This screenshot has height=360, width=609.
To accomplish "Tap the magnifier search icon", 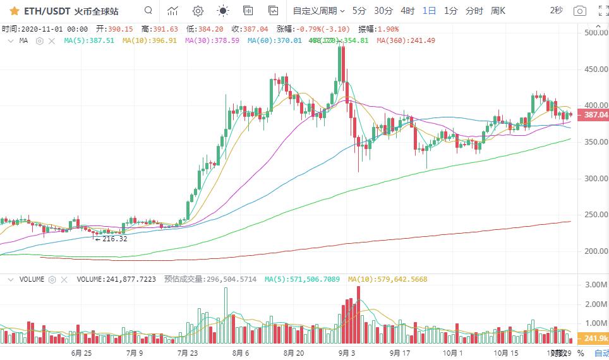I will pos(148,11).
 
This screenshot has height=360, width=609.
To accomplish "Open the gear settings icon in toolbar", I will pos(198,11).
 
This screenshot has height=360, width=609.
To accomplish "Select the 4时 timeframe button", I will pos(408,11).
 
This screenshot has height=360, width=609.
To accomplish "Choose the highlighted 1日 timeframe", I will pos(429,11).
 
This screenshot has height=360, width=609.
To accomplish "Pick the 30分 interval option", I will pos(383,11).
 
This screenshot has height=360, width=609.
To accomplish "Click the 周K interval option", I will pos(498,11).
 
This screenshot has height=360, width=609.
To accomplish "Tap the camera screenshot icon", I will pos(579,11).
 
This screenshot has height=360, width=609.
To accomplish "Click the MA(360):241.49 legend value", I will pos(406,40).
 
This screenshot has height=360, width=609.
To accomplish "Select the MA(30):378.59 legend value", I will pos(212,40).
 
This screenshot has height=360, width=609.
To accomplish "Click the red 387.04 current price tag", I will pos(596,115).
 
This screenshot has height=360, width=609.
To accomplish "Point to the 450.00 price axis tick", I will pos(596,69).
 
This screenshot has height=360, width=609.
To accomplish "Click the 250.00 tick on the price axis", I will pos(596,215).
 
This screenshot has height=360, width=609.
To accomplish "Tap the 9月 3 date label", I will pos(345,352).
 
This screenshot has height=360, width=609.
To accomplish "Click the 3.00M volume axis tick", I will pos(596,285).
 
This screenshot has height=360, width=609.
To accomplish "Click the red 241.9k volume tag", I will pos(596,339).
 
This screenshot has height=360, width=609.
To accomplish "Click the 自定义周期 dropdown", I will pos(318,11).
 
